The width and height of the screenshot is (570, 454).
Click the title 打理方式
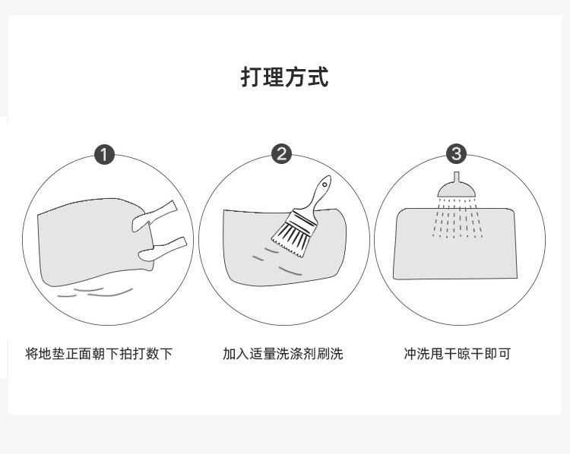pos(285,77)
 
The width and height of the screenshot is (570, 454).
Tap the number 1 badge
pos(104,155)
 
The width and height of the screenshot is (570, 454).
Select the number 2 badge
pos(281,154)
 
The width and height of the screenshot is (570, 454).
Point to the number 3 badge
pos(456,154)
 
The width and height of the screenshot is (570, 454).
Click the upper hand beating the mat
pos(154,217)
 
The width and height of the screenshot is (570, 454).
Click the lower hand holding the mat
pos(162,249)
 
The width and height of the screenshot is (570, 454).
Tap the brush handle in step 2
pos(318,196)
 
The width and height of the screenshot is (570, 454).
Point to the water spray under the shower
pos(458,219)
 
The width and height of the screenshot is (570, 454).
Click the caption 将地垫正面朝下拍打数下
pos(99,354)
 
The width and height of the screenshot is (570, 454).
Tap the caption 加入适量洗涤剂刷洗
pos(283,354)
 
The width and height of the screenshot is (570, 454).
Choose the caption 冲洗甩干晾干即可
pos(458,354)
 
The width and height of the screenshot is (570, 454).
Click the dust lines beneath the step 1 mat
pos(95,292)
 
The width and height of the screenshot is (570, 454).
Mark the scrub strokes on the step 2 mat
pos(277,261)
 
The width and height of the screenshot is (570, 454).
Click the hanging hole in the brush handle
pos(324,184)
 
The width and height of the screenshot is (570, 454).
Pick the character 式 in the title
pos(318,77)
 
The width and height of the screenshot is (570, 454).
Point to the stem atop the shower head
pos(457,177)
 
